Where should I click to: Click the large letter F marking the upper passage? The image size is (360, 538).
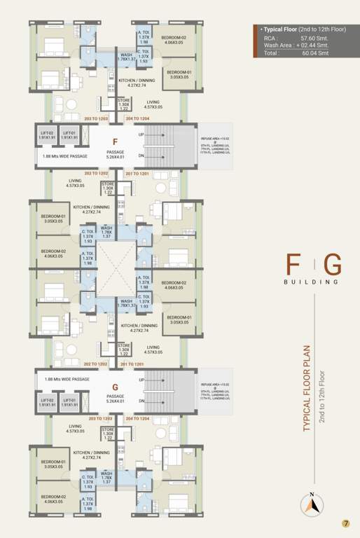pos(114,142)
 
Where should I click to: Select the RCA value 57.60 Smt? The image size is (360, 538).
pos(315,39)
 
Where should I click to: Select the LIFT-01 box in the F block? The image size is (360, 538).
pos(69,134)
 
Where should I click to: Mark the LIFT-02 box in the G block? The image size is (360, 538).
pos(48,402)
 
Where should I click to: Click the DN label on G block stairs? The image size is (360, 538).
pos(141,401)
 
